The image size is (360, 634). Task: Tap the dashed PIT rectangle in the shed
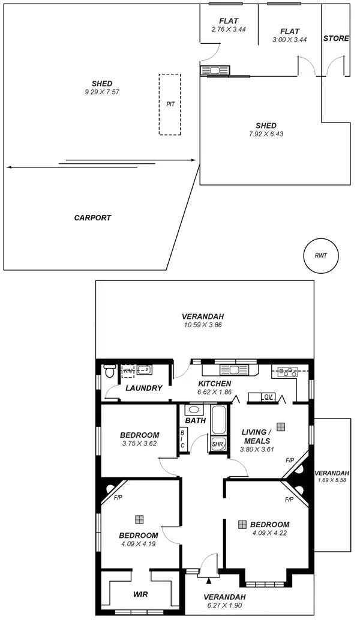tap(170, 104)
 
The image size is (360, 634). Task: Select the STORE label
tap(336, 38)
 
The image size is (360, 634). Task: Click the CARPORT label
tap(92, 218)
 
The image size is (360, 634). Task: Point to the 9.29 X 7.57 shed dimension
tap(102, 92)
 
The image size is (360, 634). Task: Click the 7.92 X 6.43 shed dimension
tap(266, 134)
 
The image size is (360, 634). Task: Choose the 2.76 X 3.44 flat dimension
tap(228, 29)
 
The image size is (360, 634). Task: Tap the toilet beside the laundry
tap(109, 370)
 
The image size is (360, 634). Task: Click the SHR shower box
tap(217, 445)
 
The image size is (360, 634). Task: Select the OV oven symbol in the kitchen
tap(268, 397)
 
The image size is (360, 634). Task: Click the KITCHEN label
tap(214, 384)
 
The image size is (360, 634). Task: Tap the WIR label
tap(140, 595)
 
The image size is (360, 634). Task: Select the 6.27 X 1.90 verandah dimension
tap(224, 606)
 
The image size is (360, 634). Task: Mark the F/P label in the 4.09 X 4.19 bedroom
tap(117, 498)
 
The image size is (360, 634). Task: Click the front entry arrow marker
tap(209, 581)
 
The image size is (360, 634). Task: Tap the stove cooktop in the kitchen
tap(286, 372)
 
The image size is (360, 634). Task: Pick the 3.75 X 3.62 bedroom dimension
tap(139, 444)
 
